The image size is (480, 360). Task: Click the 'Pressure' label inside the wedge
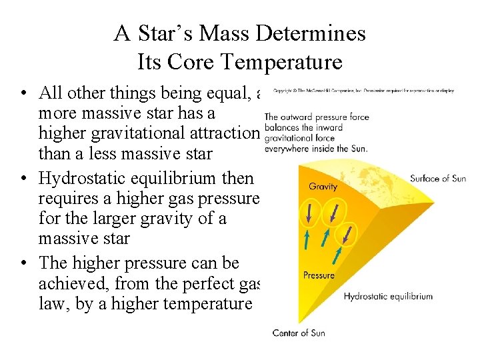[x=319, y=275]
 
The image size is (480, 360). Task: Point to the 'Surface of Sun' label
[x=438, y=179]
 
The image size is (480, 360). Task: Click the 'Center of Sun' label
[x=299, y=332]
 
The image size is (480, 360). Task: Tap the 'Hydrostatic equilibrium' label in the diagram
[x=388, y=297]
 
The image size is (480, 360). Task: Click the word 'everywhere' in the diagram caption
[x=286, y=149]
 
